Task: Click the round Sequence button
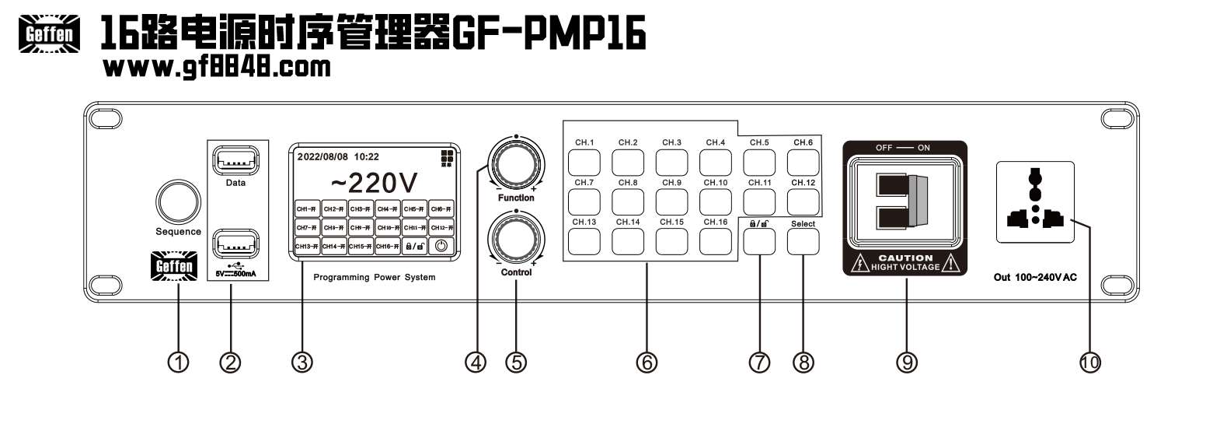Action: point(177,201)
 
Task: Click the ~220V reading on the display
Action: point(375,183)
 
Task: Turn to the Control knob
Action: point(515,240)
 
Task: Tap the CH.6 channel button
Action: point(803,162)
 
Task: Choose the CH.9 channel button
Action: point(671,201)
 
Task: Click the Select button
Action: point(803,242)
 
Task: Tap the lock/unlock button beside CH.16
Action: point(759,242)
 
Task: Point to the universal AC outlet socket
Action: point(1034,201)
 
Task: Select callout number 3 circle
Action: point(302,362)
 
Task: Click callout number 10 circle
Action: point(1090,362)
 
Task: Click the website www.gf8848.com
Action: point(217,67)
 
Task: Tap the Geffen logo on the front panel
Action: point(174,266)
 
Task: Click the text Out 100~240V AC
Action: point(1035,278)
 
